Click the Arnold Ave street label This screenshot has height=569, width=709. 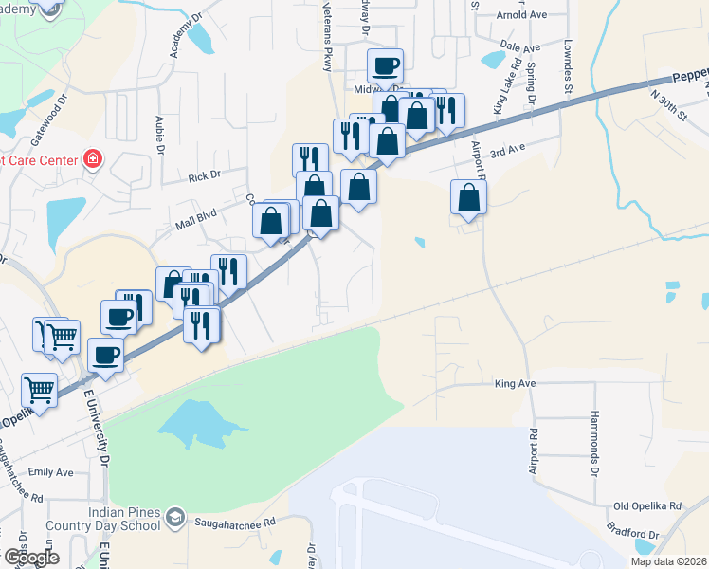[521, 16]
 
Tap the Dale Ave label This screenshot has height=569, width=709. [519, 46]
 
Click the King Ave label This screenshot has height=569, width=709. [516, 384]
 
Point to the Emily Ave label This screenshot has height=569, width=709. [51, 472]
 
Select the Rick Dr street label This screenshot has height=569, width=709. [203, 175]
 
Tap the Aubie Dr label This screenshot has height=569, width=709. [160, 136]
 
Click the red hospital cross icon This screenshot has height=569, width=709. [93, 158]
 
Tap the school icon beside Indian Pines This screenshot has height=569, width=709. [174, 517]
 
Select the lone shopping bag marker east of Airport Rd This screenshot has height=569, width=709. [468, 196]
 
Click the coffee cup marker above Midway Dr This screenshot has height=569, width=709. [385, 65]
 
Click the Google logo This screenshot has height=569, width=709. [30, 557]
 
